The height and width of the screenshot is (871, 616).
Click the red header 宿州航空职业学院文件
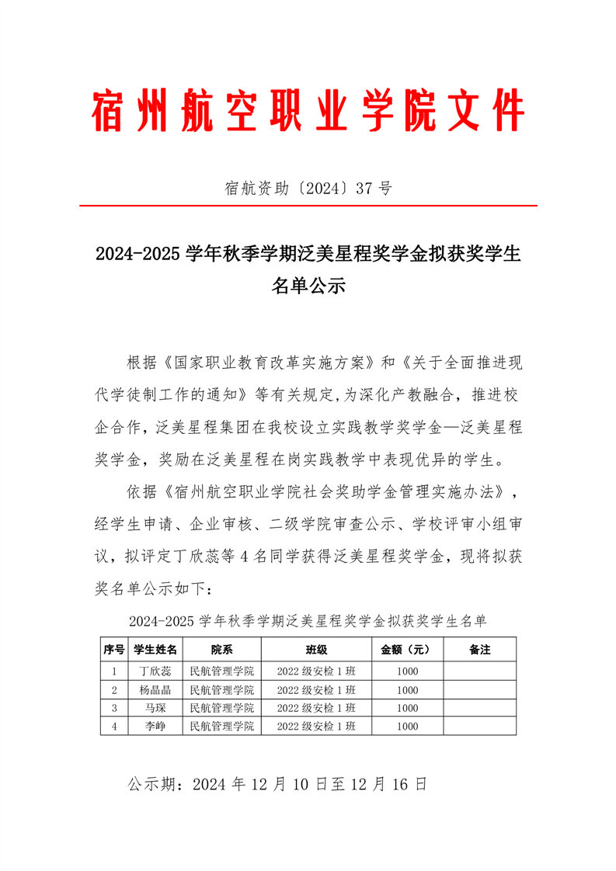(x=308, y=110)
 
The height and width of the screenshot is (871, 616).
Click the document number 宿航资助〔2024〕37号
(x=308, y=187)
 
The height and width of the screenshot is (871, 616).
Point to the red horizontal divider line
(x=308, y=206)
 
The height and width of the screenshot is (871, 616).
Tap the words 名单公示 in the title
(x=308, y=286)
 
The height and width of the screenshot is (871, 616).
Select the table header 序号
(x=114, y=650)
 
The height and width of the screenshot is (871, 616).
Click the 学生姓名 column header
(x=155, y=650)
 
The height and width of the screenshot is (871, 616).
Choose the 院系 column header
(x=221, y=650)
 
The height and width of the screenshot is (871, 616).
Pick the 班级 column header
(x=316, y=650)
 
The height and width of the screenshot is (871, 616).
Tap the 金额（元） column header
(x=407, y=650)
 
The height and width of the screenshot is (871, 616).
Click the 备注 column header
(x=480, y=650)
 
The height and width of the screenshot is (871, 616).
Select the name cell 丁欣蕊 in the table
(x=155, y=671)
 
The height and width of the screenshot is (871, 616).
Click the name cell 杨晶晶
(x=155, y=689)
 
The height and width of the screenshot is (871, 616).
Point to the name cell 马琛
(x=155, y=708)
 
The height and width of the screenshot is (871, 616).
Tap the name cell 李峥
(x=155, y=727)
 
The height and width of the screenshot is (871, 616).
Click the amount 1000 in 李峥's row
(x=407, y=727)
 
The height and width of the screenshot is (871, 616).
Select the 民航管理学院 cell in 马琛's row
(x=221, y=708)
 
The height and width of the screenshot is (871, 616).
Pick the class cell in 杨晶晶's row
(x=316, y=689)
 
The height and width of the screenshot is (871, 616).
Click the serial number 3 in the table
(x=114, y=708)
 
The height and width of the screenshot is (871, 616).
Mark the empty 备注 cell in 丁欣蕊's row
(x=480, y=671)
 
